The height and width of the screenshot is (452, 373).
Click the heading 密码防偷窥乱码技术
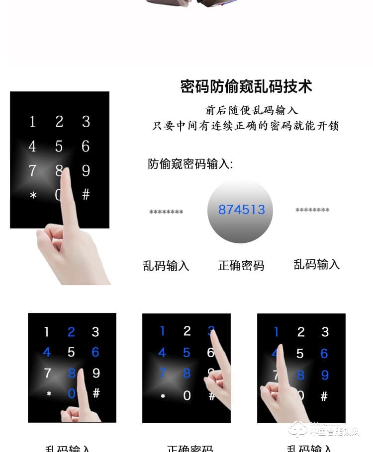click(246, 86)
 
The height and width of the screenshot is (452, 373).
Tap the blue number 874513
click(242, 210)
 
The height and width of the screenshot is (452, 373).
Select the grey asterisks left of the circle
click(166, 213)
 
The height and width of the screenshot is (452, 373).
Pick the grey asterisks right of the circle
click(312, 211)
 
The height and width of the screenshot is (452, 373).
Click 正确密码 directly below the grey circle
click(241, 266)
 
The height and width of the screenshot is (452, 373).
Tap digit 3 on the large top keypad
click(86, 122)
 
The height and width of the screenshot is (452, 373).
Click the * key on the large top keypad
click(33, 196)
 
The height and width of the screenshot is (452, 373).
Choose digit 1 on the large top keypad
click(32, 122)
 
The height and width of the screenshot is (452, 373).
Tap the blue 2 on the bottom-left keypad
click(71, 332)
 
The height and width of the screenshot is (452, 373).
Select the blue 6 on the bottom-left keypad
click(95, 352)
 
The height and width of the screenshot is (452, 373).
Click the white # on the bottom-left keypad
click(96, 393)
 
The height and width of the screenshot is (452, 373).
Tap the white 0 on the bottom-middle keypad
click(187, 395)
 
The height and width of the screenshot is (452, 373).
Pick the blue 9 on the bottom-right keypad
click(325, 375)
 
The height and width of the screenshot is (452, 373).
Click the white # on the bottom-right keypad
click(324, 396)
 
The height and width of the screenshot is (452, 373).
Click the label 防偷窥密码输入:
click(190, 164)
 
